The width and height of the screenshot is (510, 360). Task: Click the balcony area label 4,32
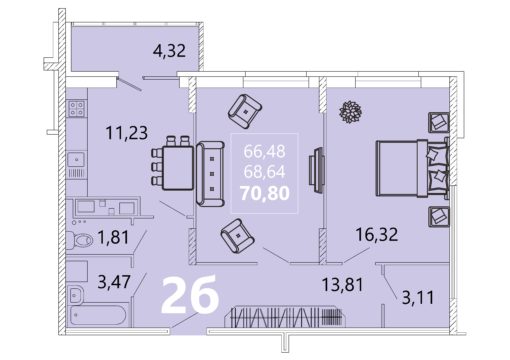click(169, 51)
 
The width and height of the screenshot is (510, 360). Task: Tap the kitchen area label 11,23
click(126, 133)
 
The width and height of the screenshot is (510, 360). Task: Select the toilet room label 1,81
click(113, 238)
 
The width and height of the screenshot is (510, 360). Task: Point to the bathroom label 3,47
click(114, 282)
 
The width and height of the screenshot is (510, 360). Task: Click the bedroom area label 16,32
click(377, 234)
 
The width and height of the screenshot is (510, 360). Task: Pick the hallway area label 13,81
click(342, 285)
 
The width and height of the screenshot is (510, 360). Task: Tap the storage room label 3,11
click(418, 298)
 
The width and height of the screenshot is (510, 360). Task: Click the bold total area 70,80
click(265, 193)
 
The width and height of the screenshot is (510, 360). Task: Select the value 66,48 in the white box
click(264, 151)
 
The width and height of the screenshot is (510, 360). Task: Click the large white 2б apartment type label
click(190, 296)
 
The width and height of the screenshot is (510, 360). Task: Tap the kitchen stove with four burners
click(76, 108)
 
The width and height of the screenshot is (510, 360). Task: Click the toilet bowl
click(80, 240)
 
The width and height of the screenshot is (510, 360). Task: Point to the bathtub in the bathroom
click(98, 316)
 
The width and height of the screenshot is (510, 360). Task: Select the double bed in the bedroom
click(412, 168)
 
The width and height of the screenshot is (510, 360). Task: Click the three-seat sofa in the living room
click(210, 174)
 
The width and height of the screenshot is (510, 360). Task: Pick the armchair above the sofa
click(245, 112)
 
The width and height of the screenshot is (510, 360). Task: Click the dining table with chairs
click(173, 163)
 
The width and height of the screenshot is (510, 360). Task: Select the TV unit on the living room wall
click(317, 170)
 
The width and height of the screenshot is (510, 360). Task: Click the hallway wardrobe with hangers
click(287, 316)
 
